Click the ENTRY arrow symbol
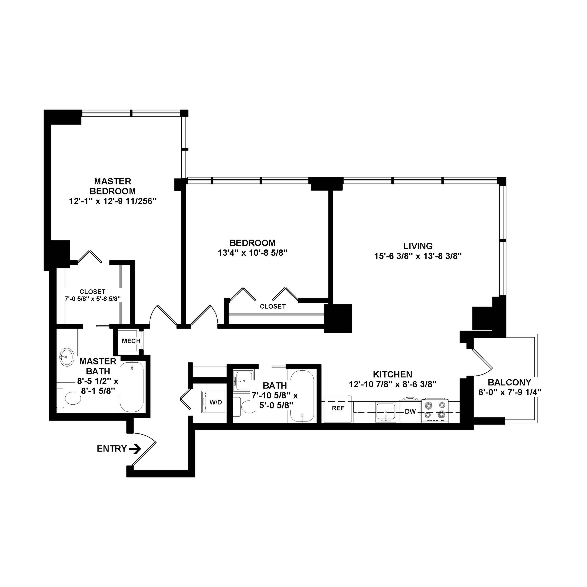(135, 449)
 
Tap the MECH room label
(131, 341)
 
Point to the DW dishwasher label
(410, 412)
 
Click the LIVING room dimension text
(418, 256)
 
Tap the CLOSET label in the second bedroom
(273, 306)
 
